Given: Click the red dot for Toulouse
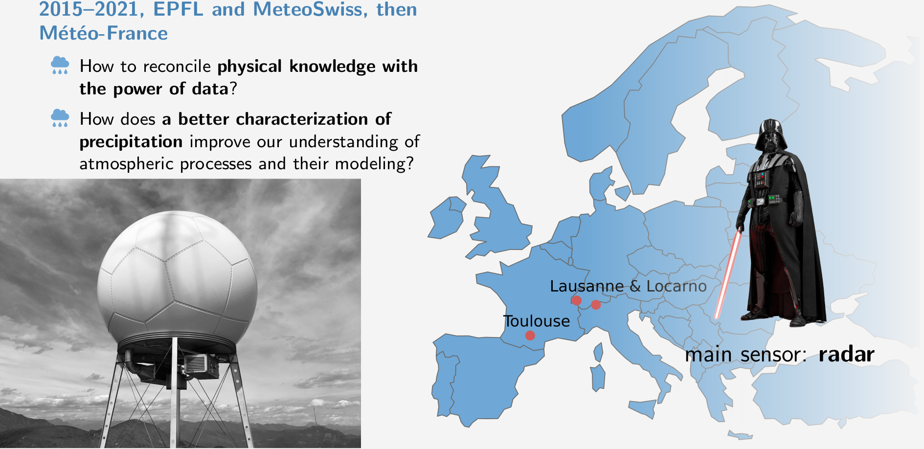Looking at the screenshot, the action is pos(530,336).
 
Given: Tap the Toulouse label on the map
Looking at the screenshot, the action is pos(537,321).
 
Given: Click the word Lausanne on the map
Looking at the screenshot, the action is pos(587,286).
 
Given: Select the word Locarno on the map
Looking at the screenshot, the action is pos(676,286).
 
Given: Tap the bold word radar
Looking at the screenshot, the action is pos(846,355).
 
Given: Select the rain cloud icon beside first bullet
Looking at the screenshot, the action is pos(60,65).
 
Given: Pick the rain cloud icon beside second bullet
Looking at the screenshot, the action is pos(60,118).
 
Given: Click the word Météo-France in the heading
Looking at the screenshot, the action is pos(104,33).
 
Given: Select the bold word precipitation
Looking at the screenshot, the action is pos(131,142).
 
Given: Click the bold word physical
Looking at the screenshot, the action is pos(249,67).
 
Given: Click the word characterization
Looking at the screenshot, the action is pos(302,119).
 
